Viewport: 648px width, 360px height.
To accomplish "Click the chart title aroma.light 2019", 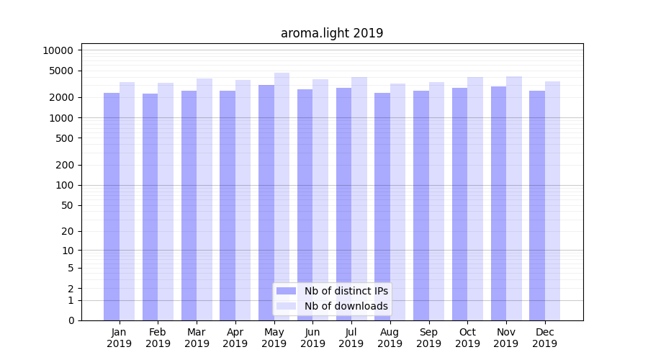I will coord(332,33).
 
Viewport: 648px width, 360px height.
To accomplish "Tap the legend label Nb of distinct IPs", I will coord(346,291).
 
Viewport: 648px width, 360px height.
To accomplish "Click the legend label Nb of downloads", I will coord(346,306).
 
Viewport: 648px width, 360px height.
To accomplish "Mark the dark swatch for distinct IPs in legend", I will coord(287,291).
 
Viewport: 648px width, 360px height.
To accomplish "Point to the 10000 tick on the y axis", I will coord(58,50).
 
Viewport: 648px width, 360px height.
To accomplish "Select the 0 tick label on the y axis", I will coord(71,320).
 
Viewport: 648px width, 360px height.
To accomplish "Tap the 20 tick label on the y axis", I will coord(67,231).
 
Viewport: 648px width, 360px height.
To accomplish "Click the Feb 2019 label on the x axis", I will coord(158,338).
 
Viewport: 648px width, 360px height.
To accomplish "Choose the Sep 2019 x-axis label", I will coord(428,338).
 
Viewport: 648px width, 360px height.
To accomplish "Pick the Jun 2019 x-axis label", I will coord(312,338).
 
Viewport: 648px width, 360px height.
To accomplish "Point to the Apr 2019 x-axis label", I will coord(235,338).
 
